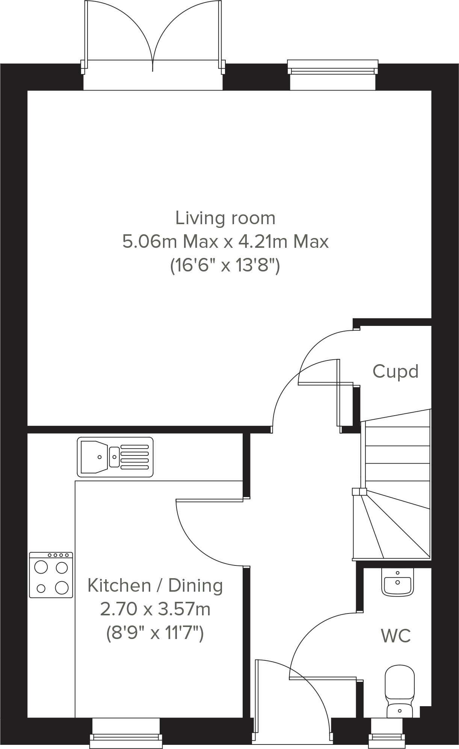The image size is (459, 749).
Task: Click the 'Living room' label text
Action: [x=225, y=218]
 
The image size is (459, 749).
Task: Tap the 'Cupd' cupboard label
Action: [x=395, y=371]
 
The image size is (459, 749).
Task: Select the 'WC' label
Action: [x=396, y=636]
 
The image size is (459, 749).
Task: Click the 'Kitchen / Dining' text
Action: [x=155, y=585]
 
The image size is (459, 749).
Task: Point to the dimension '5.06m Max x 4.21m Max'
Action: [x=225, y=241]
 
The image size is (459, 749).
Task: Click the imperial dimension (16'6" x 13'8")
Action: [x=225, y=266]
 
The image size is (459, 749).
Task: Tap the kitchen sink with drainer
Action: [x=115, y=457]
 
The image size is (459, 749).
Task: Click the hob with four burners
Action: [x=51, y=575]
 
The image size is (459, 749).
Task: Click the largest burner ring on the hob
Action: [x=62, y=588]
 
